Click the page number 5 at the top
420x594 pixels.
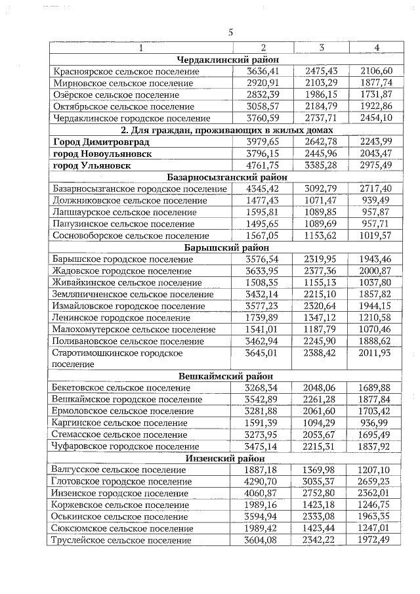click(x=230, y=32)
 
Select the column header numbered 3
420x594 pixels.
click(x=322, y=47)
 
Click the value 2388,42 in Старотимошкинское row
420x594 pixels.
click(x=321, y=353)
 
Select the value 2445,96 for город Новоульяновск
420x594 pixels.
click(x=321, y=154)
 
